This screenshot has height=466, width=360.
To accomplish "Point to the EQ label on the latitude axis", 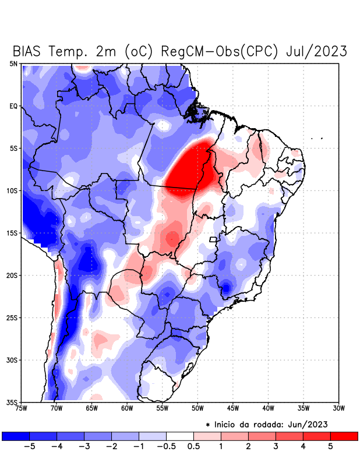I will (x=13, y=106).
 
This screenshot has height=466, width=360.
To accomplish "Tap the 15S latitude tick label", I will (x=12, y=233).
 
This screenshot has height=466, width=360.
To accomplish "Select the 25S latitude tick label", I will (x=12, y=317).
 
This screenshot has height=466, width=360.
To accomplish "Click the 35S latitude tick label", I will (x=12, y=402).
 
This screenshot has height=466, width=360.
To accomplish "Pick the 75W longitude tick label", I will (x=22, y=408).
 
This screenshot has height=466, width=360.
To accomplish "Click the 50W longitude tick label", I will (x=197, y=408).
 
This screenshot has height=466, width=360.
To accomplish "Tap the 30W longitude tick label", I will (x=338, y=408).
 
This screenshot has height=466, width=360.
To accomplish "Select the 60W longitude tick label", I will (x=126, y=408).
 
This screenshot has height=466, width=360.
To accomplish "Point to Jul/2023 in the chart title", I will (x=317, y=51).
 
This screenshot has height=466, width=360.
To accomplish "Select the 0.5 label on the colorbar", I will (x=193, y=447).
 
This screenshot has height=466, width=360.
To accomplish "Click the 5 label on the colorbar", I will (x=331, y=447).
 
